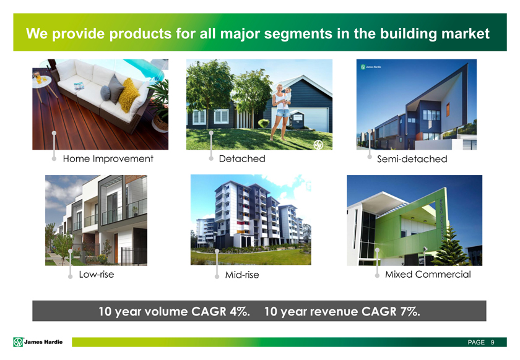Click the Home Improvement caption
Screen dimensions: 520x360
pos(108,159)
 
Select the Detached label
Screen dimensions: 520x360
pos(242,159)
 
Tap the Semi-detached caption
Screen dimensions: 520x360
pos(412,159)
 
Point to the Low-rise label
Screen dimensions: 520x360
pos(97,275)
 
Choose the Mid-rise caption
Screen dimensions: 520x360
pos(242,275)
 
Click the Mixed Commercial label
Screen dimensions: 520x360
pos(428,275)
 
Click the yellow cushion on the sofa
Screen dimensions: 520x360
pos(129,95)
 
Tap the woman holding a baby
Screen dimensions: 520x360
pos(281,112)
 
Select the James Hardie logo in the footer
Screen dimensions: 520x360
pos(38,342)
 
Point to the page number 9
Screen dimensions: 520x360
pos(493,342)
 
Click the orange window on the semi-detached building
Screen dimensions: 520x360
pos(448,109)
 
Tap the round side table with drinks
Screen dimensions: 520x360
pos(42,81)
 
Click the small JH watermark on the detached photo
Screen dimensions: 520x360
pos(318,145)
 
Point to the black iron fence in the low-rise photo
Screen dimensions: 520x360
pos(134,256)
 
